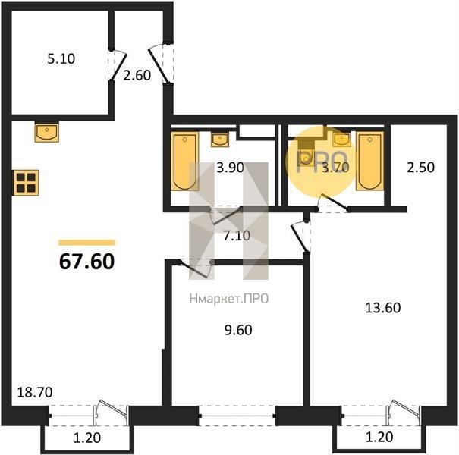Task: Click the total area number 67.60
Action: pos(86,262)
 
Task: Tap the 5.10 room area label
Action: pos(61,59)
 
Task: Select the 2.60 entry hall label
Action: pos(137,76)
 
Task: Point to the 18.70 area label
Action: pos(35,392)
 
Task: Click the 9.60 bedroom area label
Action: pos(238,330)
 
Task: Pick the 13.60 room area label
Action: pos(383,308)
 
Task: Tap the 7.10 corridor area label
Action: pos(237,236)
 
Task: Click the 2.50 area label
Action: pos(420,168)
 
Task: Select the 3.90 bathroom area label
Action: pos(230,168)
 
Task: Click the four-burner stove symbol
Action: pos(26,182)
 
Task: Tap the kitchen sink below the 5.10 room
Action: pos(47,132)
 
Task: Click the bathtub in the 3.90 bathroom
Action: pos(184,162)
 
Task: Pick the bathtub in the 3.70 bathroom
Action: pos(369,161)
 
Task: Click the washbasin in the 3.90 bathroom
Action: pos(220,139)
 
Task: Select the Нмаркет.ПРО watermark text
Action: pos(229,299)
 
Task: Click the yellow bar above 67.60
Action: pos(87,242)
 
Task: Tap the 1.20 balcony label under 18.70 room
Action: pos(87,438)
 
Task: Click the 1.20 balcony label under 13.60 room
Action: pos(379,437)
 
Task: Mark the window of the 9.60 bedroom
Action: pos(237,416)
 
